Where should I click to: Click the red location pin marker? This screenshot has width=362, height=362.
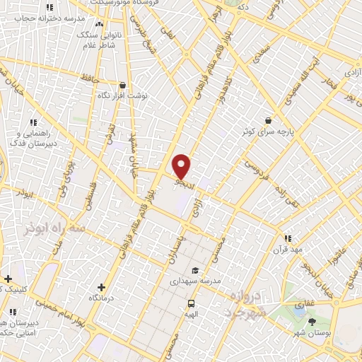point(182,166)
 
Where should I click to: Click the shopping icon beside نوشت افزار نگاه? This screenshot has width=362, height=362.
point(122,85)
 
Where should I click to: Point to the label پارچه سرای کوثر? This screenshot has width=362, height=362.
point(264,132)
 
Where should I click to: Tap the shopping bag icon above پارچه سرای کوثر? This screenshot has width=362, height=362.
point(267,121)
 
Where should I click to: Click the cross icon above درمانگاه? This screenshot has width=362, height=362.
point(102,287)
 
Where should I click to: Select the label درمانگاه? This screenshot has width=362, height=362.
point(102,299)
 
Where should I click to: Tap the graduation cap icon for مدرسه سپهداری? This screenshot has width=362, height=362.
point(194,269)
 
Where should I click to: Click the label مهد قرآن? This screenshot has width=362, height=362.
point(288,250)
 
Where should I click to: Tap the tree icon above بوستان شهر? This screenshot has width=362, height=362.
point(312,322)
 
